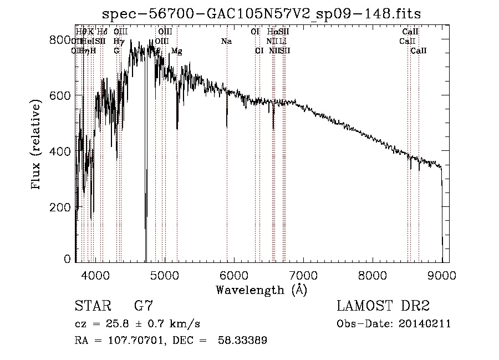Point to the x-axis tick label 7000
[303, 275]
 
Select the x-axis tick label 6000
[234, 275]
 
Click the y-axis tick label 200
[62, 207]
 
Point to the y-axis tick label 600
[62, 95]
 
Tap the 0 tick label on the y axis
[68, 259]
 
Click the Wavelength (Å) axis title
[261, 290]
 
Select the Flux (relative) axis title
[37, 146]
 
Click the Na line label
[226, 41]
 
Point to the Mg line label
[176, 51]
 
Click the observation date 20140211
[425, 324]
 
